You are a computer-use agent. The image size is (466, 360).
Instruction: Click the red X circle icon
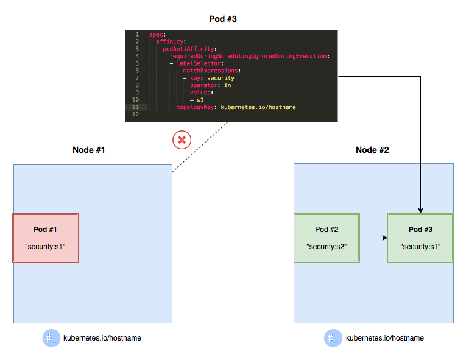182,140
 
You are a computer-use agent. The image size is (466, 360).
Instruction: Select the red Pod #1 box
46,238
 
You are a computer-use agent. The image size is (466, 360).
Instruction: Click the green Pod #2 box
327,238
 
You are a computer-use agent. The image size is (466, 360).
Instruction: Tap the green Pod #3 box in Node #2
420,238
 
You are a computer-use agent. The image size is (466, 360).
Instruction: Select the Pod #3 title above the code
222,19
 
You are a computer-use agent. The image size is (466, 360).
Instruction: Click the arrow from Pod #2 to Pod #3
373,238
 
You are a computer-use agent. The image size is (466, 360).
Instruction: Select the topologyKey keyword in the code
196,107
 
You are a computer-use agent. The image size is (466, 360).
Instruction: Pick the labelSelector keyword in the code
201,63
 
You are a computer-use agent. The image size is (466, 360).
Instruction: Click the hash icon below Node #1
51,338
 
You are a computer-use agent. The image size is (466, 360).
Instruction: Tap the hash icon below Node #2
333,338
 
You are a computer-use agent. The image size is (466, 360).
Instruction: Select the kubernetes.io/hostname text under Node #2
385,338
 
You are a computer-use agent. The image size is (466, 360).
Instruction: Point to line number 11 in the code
136,107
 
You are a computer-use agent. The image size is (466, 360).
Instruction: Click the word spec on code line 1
156,34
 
